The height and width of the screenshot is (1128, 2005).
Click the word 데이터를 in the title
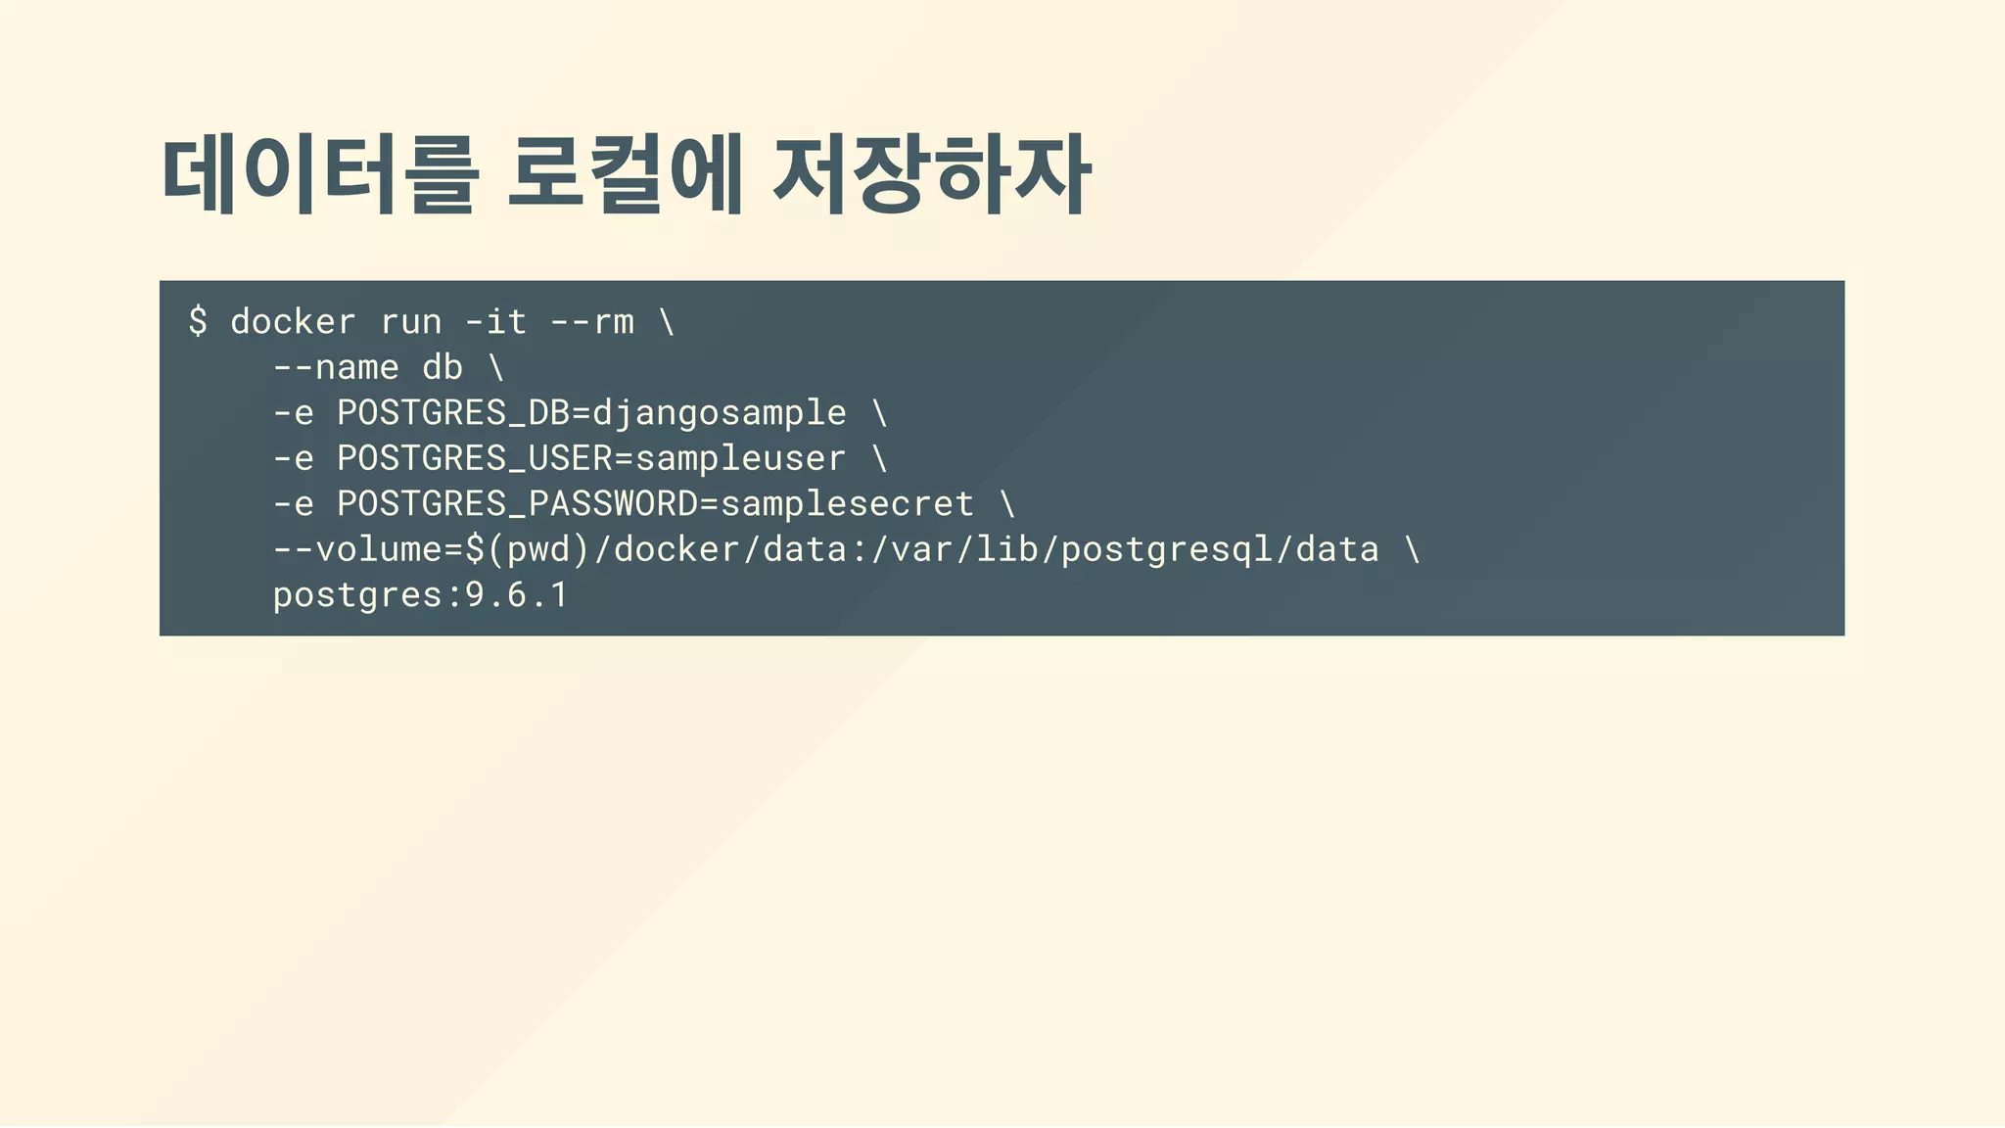pyautogui.click(x=319, y=175)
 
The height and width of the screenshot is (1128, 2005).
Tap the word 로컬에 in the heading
pyautogui.click(x=625, y=175)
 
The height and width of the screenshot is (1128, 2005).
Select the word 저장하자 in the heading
pyautogui.click(x=930, y=175)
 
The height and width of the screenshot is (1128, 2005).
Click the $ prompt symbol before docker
pyautogui.click(x=198, y=321)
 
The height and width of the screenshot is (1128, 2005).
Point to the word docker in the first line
pyautogui.click(x=293, y=321)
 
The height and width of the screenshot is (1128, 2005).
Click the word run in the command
pyautogui.click(x=411, y=321)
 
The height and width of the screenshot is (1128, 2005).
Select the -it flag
pyautogui.click(x=496, y=321)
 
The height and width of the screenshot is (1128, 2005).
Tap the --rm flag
pyautogui.click(x=592, y=321)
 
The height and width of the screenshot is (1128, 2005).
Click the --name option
pyautogui.click(x=336, y=367)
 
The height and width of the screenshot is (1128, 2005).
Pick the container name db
pyautogui.click(x=442, y=367)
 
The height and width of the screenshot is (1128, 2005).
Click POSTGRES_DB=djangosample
pyautogui.click(x=591, y=412)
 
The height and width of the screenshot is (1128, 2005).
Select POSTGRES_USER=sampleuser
pyautogui.click(x=591, y=458)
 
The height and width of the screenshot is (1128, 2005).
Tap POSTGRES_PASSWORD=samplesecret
pyautogui.click(x=656, y=503)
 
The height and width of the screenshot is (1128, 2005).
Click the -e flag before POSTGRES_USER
pyautogui.click(x=293, y=458)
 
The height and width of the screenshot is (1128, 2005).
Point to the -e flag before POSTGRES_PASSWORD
pyautogui.click(x=293, y=503)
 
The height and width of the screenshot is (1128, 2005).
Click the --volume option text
pyautogui.click(x=357, y=549)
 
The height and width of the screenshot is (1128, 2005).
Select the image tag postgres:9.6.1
pyautogui.click(x=421, y=594)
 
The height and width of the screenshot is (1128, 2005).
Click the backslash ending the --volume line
pyautogui.click(x=1412, y=549)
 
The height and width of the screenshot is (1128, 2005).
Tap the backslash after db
pyautogui.click(x=496, y=367)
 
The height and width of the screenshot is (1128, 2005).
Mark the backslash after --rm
pyautogui.click(x=667, y=321)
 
